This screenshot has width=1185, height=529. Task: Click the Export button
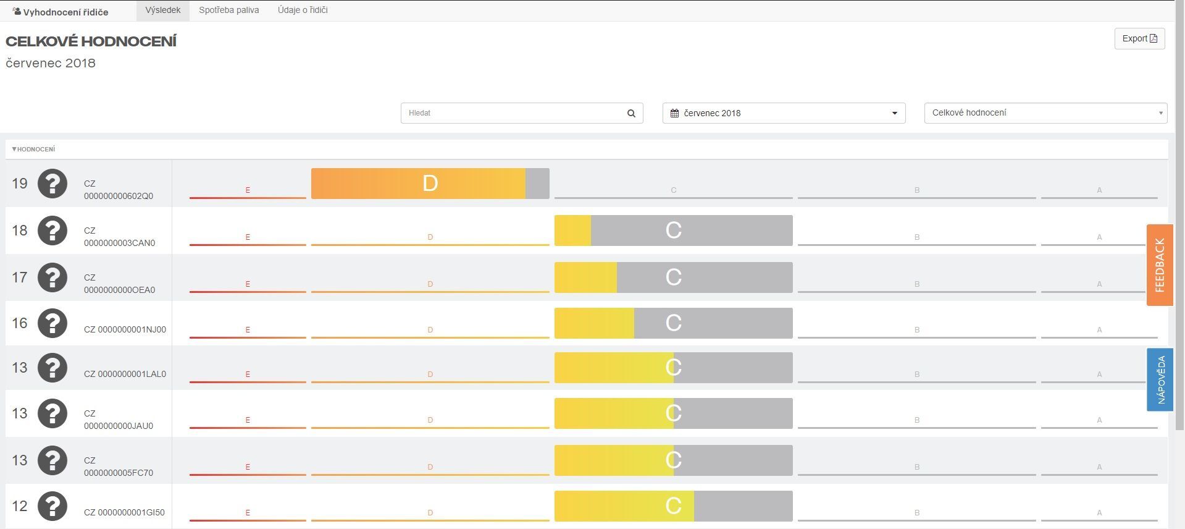click(1139, 38)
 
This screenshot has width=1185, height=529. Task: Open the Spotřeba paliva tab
click(228, 10)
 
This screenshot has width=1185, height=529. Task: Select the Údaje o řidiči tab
click(303, 10)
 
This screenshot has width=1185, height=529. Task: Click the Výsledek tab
click(163, 10)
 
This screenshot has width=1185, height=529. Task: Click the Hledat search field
click(513, 113)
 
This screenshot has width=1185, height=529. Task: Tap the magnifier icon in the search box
click(631, 113)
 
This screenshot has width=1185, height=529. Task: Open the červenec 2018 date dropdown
click(784, 113)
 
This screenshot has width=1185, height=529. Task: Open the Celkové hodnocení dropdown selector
click(1045, 113)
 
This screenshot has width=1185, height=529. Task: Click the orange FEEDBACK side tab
click(1160, 264)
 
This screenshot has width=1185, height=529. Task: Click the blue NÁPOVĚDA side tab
click(1160, 379)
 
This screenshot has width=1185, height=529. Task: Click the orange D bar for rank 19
click(430, 184)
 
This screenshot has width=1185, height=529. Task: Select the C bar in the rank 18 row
click(673, 231)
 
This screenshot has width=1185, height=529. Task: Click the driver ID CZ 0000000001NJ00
click(125, 329)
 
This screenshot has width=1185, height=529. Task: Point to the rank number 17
click(20, 277)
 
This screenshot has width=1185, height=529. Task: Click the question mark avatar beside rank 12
click(52, 506)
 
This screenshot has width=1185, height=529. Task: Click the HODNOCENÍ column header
click(34, 149)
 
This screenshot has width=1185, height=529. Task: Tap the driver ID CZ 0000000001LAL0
click(125, 374)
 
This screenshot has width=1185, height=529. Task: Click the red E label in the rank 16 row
click(248, 330)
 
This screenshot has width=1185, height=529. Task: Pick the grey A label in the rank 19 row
click(1099, 190)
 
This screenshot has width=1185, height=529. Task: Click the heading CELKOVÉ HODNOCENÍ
click(91, 41)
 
